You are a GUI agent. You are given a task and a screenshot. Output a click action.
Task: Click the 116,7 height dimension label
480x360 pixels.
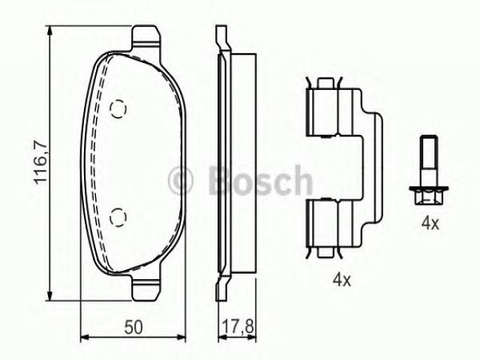pos(40,163)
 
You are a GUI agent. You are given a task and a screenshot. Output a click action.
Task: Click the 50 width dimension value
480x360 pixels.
pos(133,327)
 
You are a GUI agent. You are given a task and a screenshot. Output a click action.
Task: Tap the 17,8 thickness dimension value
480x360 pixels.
pos(238,327)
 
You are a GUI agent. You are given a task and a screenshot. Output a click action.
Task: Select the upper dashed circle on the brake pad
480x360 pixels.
pos(118,109)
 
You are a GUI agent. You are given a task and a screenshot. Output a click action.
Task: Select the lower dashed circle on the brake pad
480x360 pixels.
pos(118,217)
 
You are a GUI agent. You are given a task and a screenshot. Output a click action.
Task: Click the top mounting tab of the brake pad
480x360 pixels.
pos(145,37)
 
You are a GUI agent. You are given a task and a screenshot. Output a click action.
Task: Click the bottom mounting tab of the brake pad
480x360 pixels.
pos(145,288)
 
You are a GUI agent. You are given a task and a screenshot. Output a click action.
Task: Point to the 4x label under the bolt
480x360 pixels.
pos(430,223)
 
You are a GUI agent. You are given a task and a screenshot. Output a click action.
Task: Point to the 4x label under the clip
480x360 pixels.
pos(342,280)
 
